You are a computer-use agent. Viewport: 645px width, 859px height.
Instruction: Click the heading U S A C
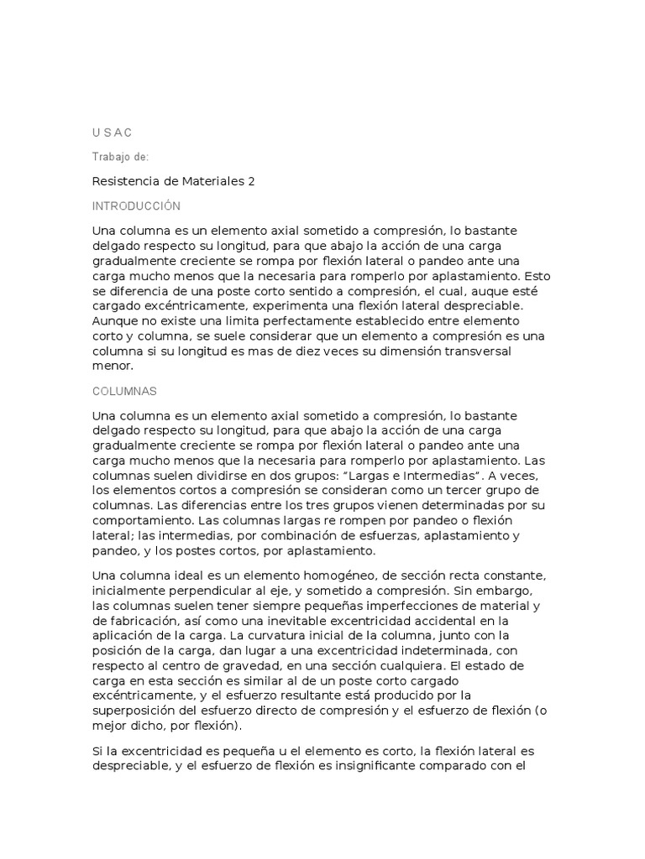111,133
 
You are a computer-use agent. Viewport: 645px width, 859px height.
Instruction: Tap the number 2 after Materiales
250,180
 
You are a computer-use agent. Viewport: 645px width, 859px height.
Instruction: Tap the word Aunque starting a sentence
114,322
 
